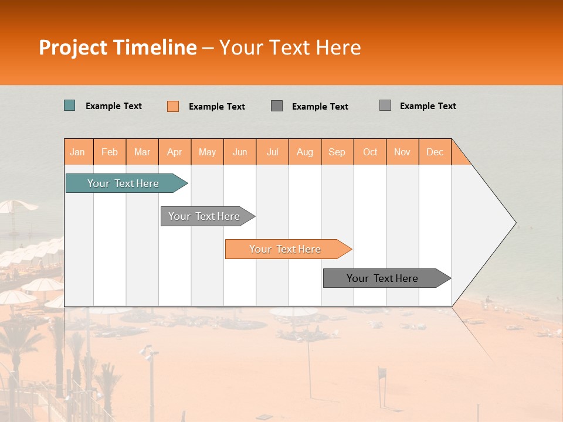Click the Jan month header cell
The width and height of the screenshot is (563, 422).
[78, 152]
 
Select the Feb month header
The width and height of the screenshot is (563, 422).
[110, 152]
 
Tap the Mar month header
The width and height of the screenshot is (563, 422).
[142, 152]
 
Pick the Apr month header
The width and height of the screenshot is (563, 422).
[175, 152]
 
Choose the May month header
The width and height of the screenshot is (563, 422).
[207, 152]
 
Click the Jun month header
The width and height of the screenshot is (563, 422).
[240, 152]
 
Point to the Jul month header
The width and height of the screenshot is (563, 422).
[272, 152]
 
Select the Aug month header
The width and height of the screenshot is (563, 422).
[305, 152]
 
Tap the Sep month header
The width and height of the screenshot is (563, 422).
[337, 152]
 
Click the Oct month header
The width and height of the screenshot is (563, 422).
[370, 152]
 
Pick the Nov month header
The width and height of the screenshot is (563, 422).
[402, 152]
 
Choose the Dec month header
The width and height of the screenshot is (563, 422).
[435, 152]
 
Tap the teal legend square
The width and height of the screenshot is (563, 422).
[70, 105]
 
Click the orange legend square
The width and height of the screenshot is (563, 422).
[173, 106]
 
